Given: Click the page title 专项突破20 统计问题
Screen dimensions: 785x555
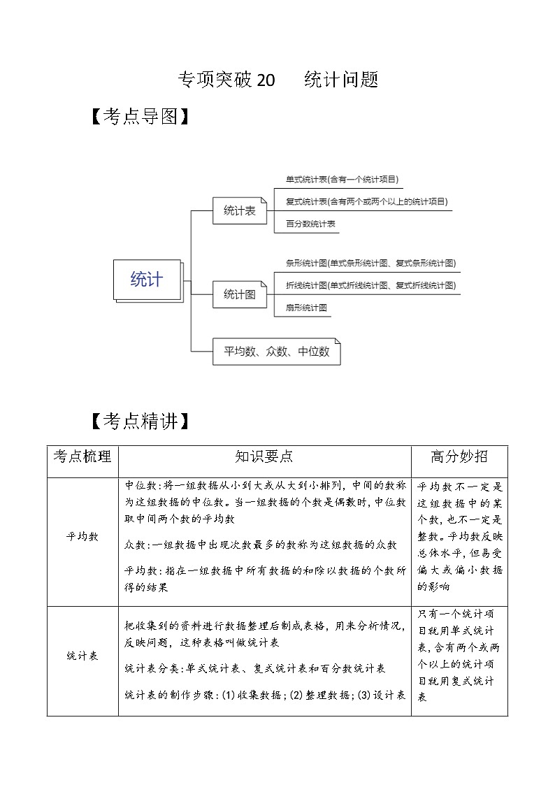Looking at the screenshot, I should tap(278, 80).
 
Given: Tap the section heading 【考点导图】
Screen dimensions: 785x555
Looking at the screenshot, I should tap(139, 116).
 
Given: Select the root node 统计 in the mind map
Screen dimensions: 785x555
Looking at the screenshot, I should tap(147, 280).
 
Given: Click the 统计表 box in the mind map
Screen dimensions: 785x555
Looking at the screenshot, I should tap(239, 210).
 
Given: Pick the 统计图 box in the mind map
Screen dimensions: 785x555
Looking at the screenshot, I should tap(239, 294).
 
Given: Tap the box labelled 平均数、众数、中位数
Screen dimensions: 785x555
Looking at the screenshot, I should tap(276, 352).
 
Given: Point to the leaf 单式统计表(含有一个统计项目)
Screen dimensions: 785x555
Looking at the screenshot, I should tap(342, 180).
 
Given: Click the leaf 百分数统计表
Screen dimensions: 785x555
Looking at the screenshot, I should tap(311, 224).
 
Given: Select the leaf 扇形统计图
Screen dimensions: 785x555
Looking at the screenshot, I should tap(308, 307).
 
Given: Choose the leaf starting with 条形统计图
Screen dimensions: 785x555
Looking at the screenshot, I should tap(370, 264).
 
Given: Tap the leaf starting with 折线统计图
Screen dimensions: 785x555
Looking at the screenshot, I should tap(370, 285).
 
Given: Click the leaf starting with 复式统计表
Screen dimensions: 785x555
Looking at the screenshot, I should tap(366, 202).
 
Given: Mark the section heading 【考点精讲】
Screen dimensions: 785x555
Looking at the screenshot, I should tap(139, 421).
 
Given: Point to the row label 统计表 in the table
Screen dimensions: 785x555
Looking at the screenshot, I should tap(82, 656).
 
